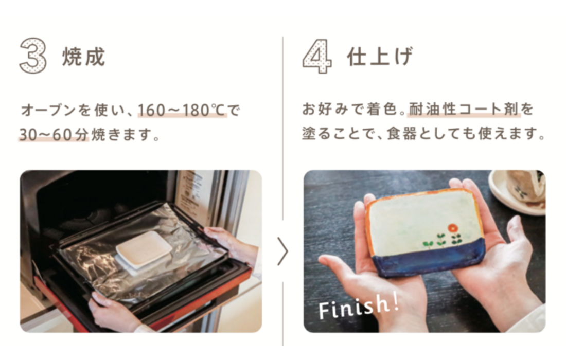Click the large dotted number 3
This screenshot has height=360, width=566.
click(33, 56)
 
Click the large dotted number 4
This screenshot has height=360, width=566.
click(317, 56)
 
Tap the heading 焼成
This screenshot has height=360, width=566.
click(83, 57)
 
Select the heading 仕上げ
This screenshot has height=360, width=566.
click(379, 57)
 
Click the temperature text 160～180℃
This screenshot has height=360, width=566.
click(182, 110)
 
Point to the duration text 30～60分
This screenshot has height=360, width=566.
click(54, 135)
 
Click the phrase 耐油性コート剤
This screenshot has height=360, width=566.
click(464, 109)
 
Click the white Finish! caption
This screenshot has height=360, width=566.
click(359, 306)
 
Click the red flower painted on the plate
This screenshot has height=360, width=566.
click(452, 228)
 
